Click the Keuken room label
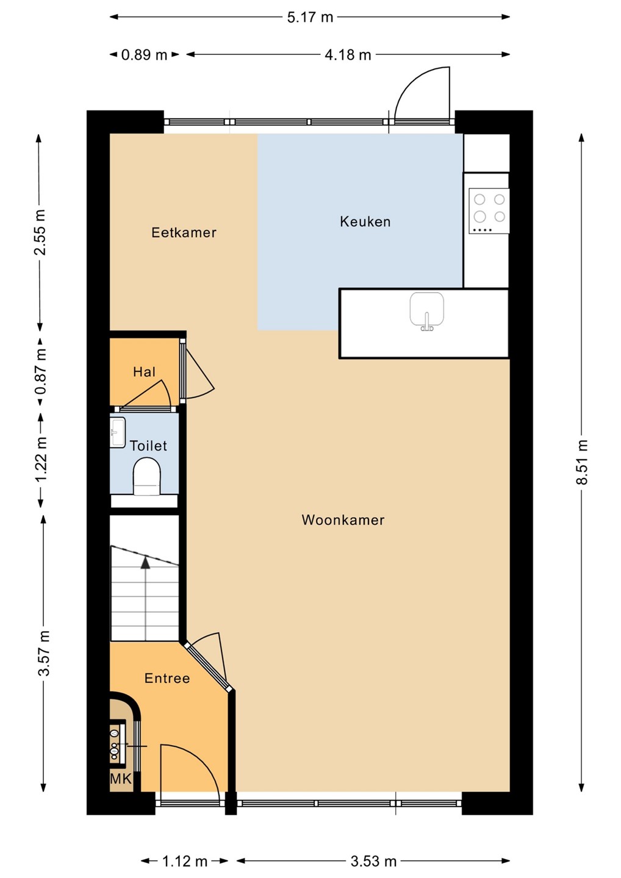click(x=365, y=222)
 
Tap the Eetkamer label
click(x=184, y=233)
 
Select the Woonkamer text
click(x=343, y=520)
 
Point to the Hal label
click(x=145, y=371)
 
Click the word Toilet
click(x=148, y=446)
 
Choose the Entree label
click(x=167, y=678)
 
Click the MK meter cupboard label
click(x=121, y=779)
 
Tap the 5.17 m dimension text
click(x=310, y=17)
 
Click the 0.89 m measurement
click(x=145, y=55)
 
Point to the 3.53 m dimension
click(x=373, y=861)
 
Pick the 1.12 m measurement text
click(x=185, y=861)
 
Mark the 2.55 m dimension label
click(x=40, y=232)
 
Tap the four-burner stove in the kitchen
click(x=489, y=211)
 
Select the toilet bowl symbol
click(x=146, y=476)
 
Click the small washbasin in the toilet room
click(x=117, y=432)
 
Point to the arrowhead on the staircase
click(x=145, y=562)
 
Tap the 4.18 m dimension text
click(x=348, y=55)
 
